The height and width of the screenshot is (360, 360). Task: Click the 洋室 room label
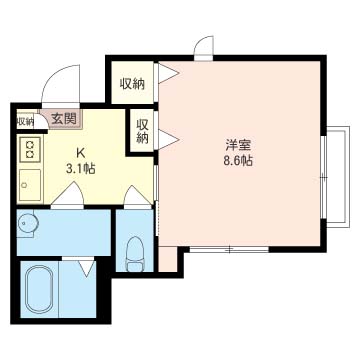coord(238,146)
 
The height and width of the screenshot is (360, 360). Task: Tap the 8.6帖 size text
coord(238,161)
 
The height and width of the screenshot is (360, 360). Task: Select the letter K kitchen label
coord(80,153)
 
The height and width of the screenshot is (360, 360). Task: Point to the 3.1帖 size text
coord(80,169)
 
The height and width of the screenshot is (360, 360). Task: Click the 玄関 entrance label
coord(64,118)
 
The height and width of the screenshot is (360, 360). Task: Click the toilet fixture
coord(135,254)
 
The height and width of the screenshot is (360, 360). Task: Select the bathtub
coord(39,288)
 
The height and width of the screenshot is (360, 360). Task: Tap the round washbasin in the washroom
coord(28,224)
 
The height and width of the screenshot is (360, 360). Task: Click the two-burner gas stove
coord(30,149)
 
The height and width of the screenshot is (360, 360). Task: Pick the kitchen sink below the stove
coord(30,185)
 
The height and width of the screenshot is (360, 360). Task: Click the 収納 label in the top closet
coord(132,84)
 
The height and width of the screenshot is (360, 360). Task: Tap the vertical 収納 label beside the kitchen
coord(142,132)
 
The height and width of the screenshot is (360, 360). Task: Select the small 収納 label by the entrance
coord(25,122)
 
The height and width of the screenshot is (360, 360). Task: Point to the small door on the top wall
coord(204,47)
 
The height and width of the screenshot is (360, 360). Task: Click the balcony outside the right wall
coord(337,177)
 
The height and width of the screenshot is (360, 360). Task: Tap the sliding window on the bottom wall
coord(229,249)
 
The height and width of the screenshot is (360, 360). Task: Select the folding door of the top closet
coord(168,73)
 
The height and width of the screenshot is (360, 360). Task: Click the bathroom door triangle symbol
coord(87,268)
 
